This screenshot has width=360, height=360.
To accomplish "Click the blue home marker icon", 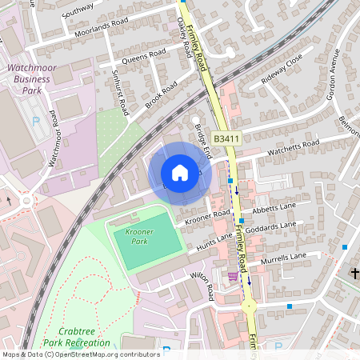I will pos(180,173).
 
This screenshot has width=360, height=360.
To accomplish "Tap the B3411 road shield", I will pos(226,139).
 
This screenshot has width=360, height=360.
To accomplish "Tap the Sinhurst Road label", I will pos(120,93).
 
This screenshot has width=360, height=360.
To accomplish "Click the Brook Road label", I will pos(161,96).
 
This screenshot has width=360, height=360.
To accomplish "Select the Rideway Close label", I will pos(282,70).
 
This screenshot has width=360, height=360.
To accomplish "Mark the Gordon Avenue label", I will pos(332,78).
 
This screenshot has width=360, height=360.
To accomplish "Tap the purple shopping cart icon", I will pos(232,276).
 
